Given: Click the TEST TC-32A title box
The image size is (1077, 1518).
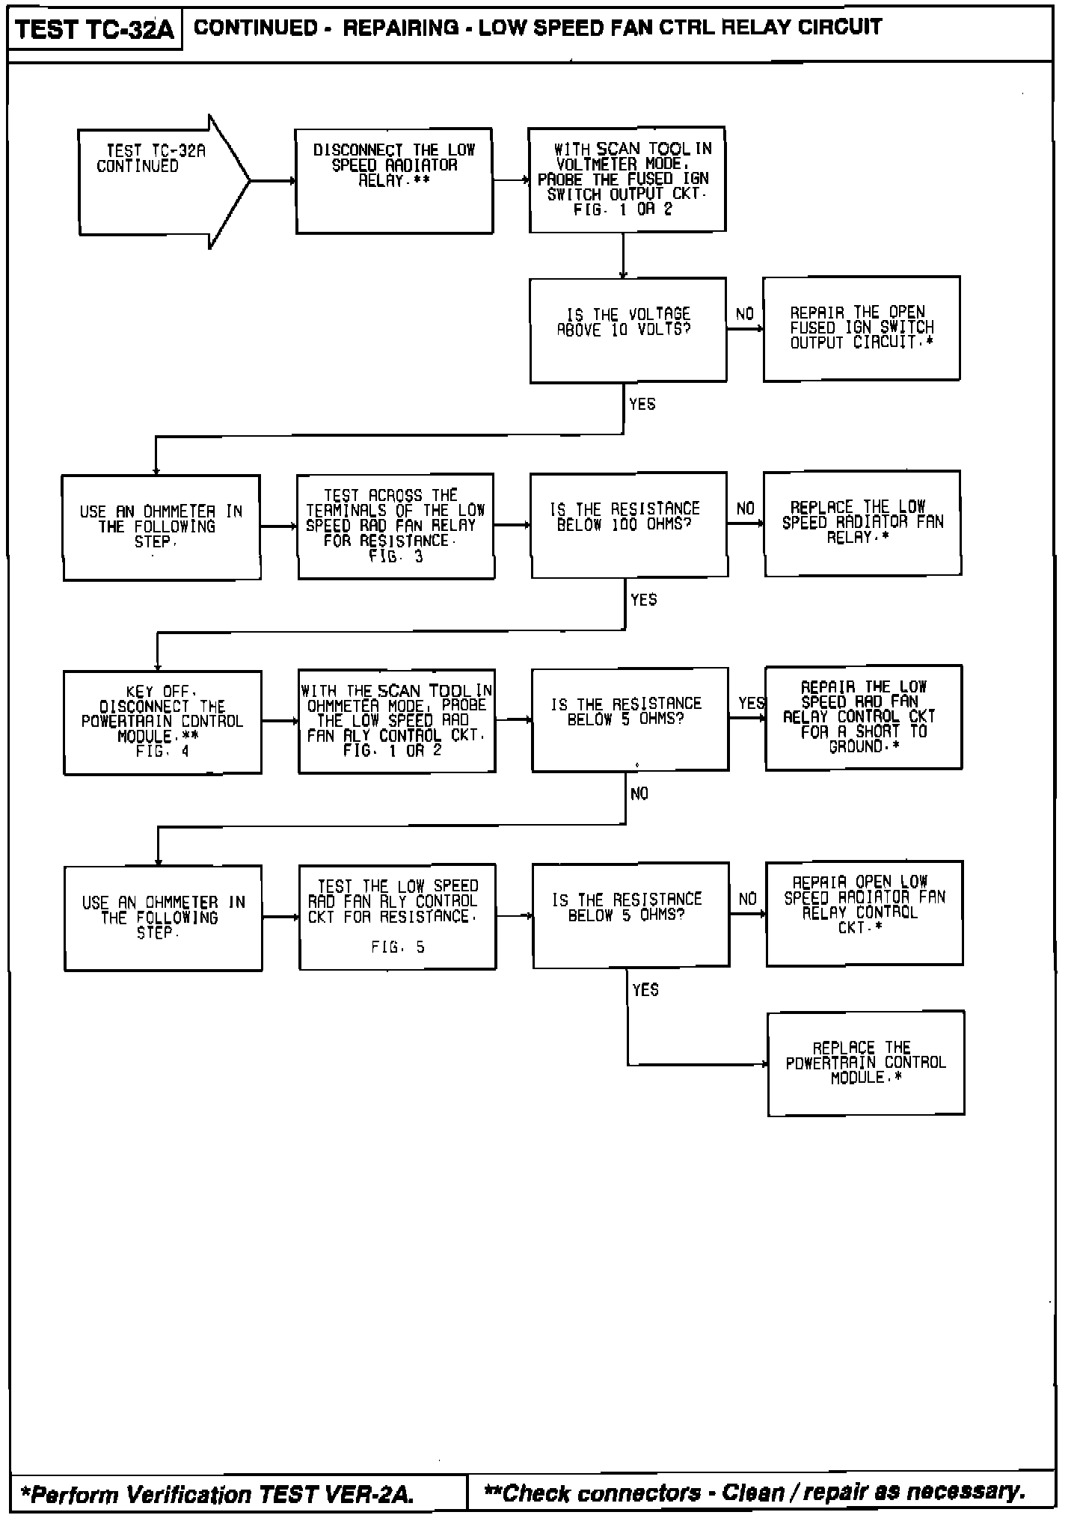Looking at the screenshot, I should (94, 30).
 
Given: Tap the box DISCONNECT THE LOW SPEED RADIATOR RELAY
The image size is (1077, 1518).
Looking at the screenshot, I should (394, 181).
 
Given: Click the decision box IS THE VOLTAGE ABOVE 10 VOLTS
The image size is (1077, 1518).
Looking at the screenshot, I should (628, 330).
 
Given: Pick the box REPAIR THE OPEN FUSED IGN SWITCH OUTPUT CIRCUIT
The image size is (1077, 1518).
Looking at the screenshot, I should (861, 328).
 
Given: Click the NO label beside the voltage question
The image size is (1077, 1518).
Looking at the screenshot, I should (745, 314).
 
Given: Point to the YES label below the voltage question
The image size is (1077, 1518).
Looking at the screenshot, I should (642, 405).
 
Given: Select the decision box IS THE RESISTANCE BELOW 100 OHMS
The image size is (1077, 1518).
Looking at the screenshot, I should (629, 524).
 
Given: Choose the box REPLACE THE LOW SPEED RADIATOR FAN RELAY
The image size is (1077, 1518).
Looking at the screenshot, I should (862, 523).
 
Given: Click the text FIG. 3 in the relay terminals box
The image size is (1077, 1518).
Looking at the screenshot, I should (396, 556).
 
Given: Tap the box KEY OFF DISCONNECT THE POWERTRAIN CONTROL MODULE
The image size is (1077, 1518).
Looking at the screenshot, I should (162, 722).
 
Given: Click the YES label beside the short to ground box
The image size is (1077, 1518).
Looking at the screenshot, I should (751, 704).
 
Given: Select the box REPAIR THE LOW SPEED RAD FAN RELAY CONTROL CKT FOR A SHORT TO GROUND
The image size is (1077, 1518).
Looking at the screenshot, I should (863, 717).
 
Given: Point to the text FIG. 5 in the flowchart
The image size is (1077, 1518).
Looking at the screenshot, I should (398, 947).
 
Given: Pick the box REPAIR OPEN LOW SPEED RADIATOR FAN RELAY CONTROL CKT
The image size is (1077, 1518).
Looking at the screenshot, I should (864, 913).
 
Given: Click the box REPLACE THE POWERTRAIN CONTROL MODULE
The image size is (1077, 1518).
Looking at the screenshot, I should (865, 1063).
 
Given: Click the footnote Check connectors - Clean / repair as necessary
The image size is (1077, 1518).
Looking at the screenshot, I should (755, 1493).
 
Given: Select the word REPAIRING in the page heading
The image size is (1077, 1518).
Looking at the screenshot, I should (401, 28).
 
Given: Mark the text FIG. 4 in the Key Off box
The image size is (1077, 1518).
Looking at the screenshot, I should (162, 752).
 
